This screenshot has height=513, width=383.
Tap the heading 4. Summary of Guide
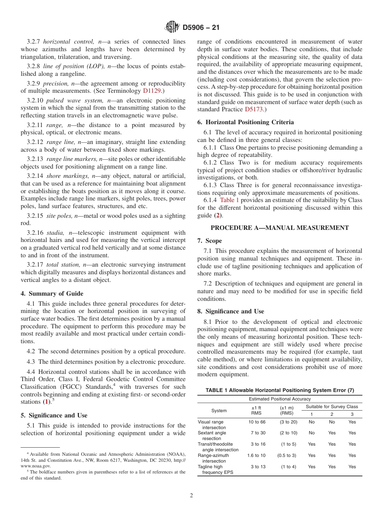52,294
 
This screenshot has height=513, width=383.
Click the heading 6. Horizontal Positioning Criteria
246,122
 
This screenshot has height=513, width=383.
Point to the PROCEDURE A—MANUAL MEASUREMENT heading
280,228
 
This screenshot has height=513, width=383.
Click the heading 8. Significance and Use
231,311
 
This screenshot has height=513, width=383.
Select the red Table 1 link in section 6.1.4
229,200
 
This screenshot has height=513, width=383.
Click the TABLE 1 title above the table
280,390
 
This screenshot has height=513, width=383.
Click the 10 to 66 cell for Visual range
256,422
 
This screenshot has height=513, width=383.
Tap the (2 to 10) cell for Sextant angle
289,433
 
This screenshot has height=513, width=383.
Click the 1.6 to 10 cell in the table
256,455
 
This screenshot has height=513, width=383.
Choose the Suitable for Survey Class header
331,407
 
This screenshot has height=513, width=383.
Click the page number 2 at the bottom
191,496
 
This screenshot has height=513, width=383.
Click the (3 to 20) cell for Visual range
289,422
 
